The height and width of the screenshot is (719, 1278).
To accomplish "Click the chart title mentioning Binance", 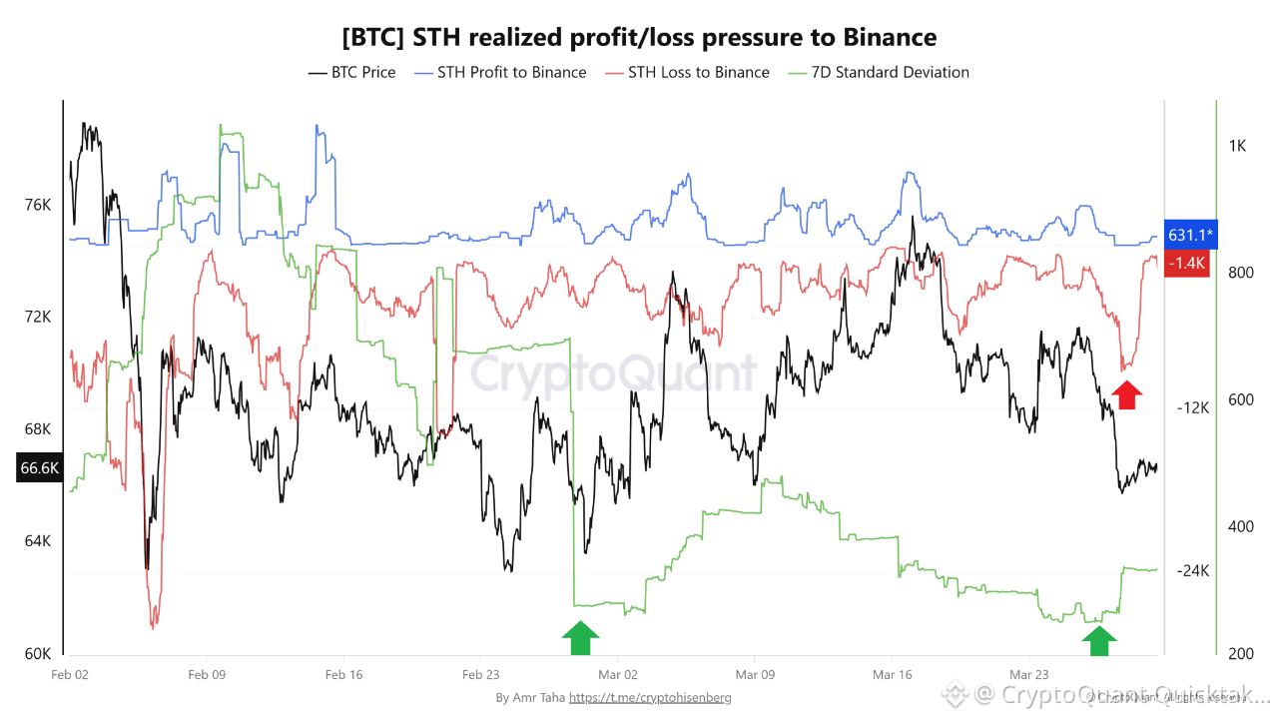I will [639, 38].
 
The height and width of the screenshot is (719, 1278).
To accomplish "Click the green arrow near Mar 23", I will [1099, 637].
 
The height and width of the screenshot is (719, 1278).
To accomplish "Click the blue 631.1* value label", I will [1190, 235].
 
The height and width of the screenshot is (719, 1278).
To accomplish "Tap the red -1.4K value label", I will [1188, 263].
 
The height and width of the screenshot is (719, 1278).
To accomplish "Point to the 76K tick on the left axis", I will [37, 205].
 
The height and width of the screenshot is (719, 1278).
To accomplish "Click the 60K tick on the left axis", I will [37, 654].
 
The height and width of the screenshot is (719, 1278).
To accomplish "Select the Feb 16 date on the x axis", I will [343, 675].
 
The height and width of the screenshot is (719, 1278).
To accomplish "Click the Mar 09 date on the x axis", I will [756, 675].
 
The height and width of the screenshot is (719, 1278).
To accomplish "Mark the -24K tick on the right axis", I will [1192, 571].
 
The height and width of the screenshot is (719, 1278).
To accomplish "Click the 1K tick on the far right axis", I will [1237, 146].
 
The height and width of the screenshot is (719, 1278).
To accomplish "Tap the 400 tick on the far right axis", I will [1237, 526].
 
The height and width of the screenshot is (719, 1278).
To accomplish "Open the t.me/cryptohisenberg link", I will [649, 697].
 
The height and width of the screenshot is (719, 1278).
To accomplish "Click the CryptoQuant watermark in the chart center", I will [613, 373].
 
